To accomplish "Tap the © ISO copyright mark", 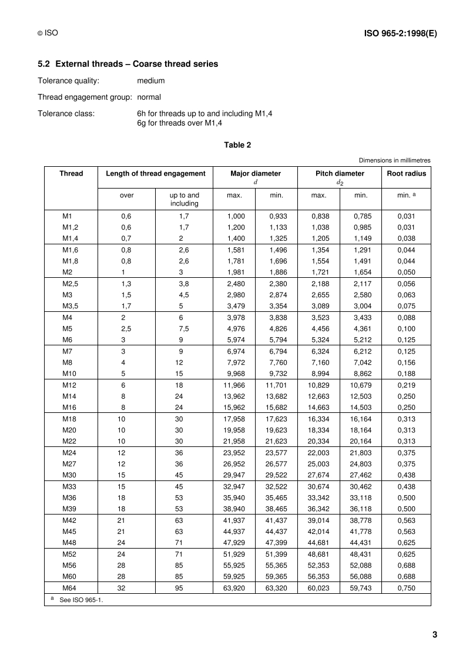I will pyautogui.click(x=46, y=35).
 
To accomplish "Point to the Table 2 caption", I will pyautogui.click(x=237, y=144).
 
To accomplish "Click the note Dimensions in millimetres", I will pyautogui.click(x=394, y=160).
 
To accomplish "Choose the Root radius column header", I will pyautogui.click(x=406, y=173).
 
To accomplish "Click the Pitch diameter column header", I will pyautogui.click(x=340, y=173).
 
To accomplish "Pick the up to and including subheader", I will pyautogui.click(x=184, y=199).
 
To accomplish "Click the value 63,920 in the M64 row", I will pyautogui.click(x=234, y=587).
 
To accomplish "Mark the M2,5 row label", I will pyautogui.click(x=71, y=283).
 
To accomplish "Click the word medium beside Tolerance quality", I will pyautogui.click(x=151, y=80).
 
